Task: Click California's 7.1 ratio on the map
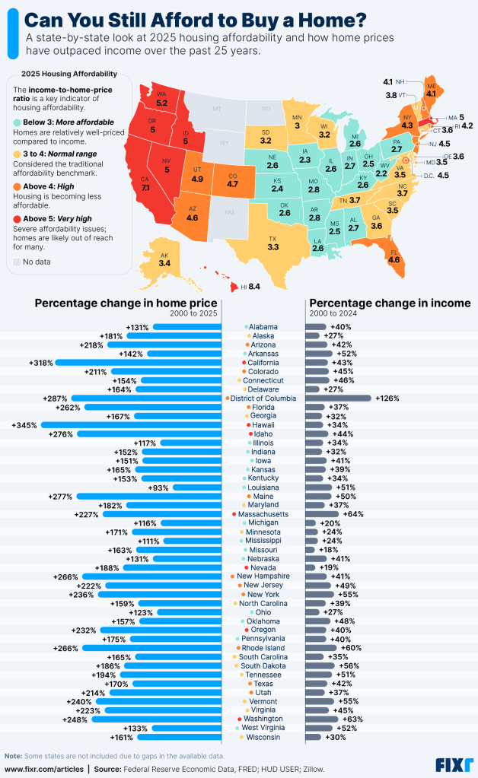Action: click(146, 186)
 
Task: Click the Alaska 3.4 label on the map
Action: click(164, 262)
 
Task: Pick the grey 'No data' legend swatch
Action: click(17, 262)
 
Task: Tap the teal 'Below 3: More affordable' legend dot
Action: click(17, 122)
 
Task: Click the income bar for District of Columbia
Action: click(338, 398)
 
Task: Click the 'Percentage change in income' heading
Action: click(389, 303)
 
